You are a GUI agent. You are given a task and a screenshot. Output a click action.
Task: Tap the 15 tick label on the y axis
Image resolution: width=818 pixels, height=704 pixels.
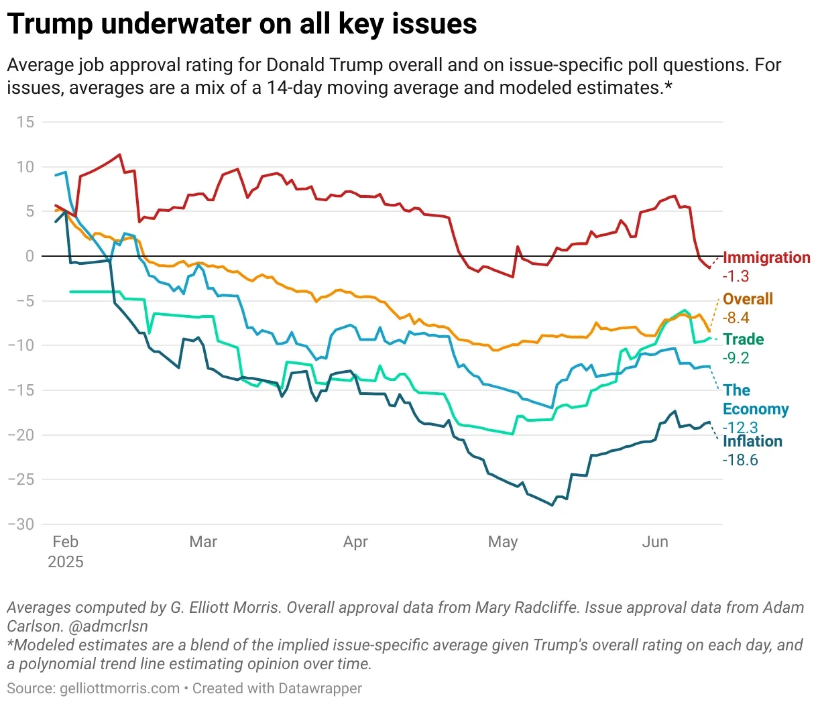[x=25, y=122]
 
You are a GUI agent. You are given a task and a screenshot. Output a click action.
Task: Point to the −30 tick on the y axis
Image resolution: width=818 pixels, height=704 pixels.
[x=21, y=524]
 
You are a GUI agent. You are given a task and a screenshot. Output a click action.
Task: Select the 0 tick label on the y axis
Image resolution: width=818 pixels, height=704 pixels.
[x=30, y=256]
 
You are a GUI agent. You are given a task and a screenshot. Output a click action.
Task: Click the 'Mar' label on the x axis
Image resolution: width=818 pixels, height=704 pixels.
[x=203, y=542]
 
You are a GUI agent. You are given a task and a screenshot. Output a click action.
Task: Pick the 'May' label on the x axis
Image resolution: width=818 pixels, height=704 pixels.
[x=503, y=542]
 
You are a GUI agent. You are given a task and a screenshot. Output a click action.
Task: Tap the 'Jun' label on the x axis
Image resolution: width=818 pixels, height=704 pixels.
[x=655, y=542]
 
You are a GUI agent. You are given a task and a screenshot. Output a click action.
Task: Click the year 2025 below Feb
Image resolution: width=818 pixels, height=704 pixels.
[x=66, y=562]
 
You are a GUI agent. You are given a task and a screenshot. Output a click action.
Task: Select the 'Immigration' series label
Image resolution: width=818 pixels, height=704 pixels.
[x=766, y=257]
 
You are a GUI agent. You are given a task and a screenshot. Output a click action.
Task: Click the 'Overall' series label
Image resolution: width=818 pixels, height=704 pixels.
[x=748, y=299]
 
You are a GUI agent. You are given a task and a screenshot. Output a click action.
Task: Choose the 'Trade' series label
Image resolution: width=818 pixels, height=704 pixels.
[x=744, y=339]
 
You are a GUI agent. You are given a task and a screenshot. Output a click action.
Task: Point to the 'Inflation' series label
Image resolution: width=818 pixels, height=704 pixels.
[x=752, y=441]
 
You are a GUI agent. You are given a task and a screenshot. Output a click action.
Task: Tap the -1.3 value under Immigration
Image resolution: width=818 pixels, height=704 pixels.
[x=736, y=276]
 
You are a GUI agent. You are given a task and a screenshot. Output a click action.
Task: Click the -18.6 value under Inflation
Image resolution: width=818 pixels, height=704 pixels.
[x=740, y=460]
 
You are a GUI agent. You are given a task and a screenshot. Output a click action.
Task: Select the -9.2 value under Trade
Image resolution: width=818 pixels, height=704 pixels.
[x=736, y=358]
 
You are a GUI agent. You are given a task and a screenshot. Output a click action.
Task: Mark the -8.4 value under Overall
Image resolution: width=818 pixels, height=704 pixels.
[x=736, y=318]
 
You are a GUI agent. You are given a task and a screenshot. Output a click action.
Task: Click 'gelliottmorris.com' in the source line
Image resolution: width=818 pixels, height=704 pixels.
[x=120, y=689]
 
